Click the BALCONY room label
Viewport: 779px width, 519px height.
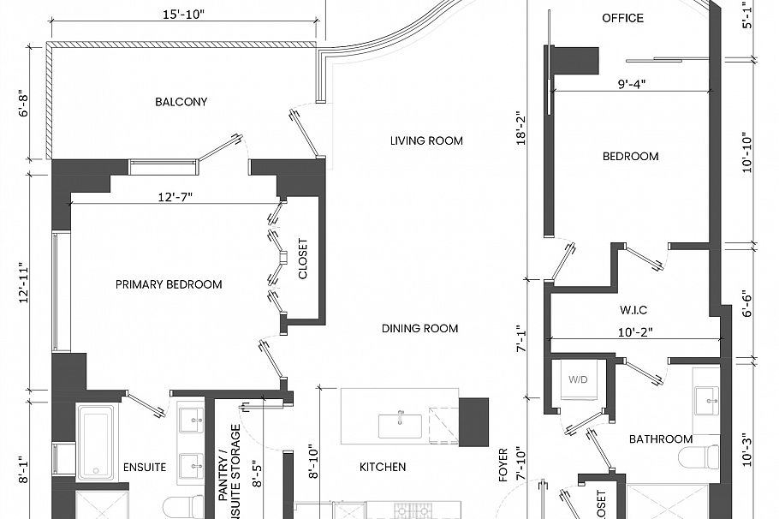181,102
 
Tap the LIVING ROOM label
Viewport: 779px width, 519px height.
426,140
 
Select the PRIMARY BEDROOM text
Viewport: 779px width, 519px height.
169,284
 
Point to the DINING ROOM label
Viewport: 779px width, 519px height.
419,328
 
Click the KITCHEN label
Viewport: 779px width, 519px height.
382,467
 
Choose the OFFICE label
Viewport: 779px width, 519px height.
622,18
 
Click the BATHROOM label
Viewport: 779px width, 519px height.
660,439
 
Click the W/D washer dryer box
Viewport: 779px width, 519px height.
578,379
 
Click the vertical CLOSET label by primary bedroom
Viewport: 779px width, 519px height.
302,259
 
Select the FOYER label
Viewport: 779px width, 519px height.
502,464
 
